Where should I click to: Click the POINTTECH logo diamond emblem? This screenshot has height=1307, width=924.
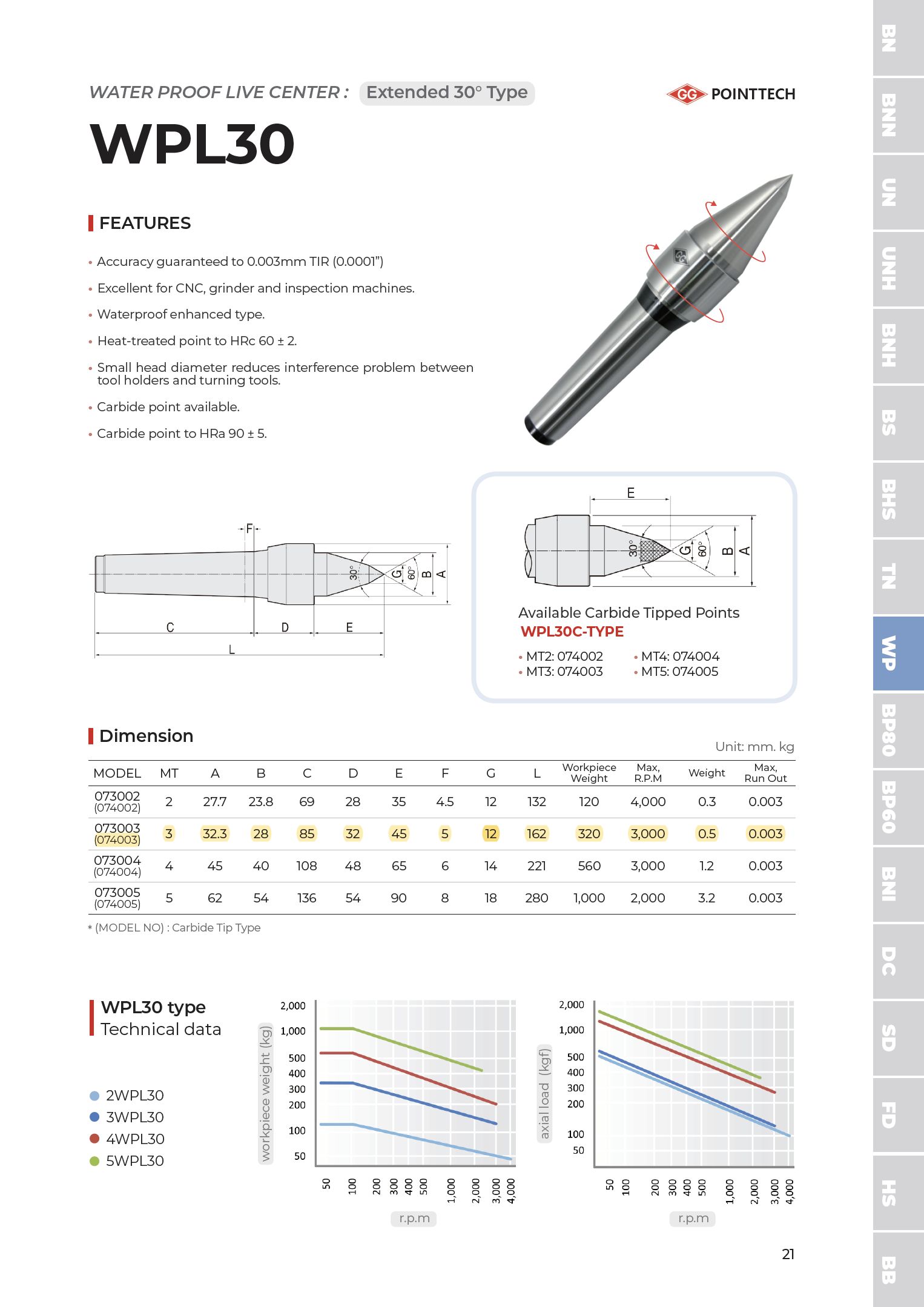coord(687,94)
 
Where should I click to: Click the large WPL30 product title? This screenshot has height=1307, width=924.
coord(192,144)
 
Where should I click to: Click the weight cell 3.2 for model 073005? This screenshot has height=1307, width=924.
coord(706,898)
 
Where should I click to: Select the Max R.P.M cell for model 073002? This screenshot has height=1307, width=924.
coord(647,802)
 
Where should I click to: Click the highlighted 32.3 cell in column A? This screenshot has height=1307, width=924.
coord(214,834)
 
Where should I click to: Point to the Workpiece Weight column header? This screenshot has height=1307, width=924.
coord(589,773)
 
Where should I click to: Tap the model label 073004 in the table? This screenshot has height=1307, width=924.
coord(117,861)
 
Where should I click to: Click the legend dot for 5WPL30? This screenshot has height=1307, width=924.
coord(94,1161)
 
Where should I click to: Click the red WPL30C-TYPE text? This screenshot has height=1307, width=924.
coord(572,632)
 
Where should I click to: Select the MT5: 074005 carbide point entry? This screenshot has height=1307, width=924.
coord(679,672)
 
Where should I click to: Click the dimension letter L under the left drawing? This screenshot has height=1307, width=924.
coord(231,649)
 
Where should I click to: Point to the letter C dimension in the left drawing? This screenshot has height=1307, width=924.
coord(170,627)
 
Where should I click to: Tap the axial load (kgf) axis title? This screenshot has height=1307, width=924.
coord(544,1093)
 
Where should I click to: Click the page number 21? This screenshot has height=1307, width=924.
coord(788,1254)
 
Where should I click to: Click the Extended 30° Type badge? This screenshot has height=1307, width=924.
coord(447,93)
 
